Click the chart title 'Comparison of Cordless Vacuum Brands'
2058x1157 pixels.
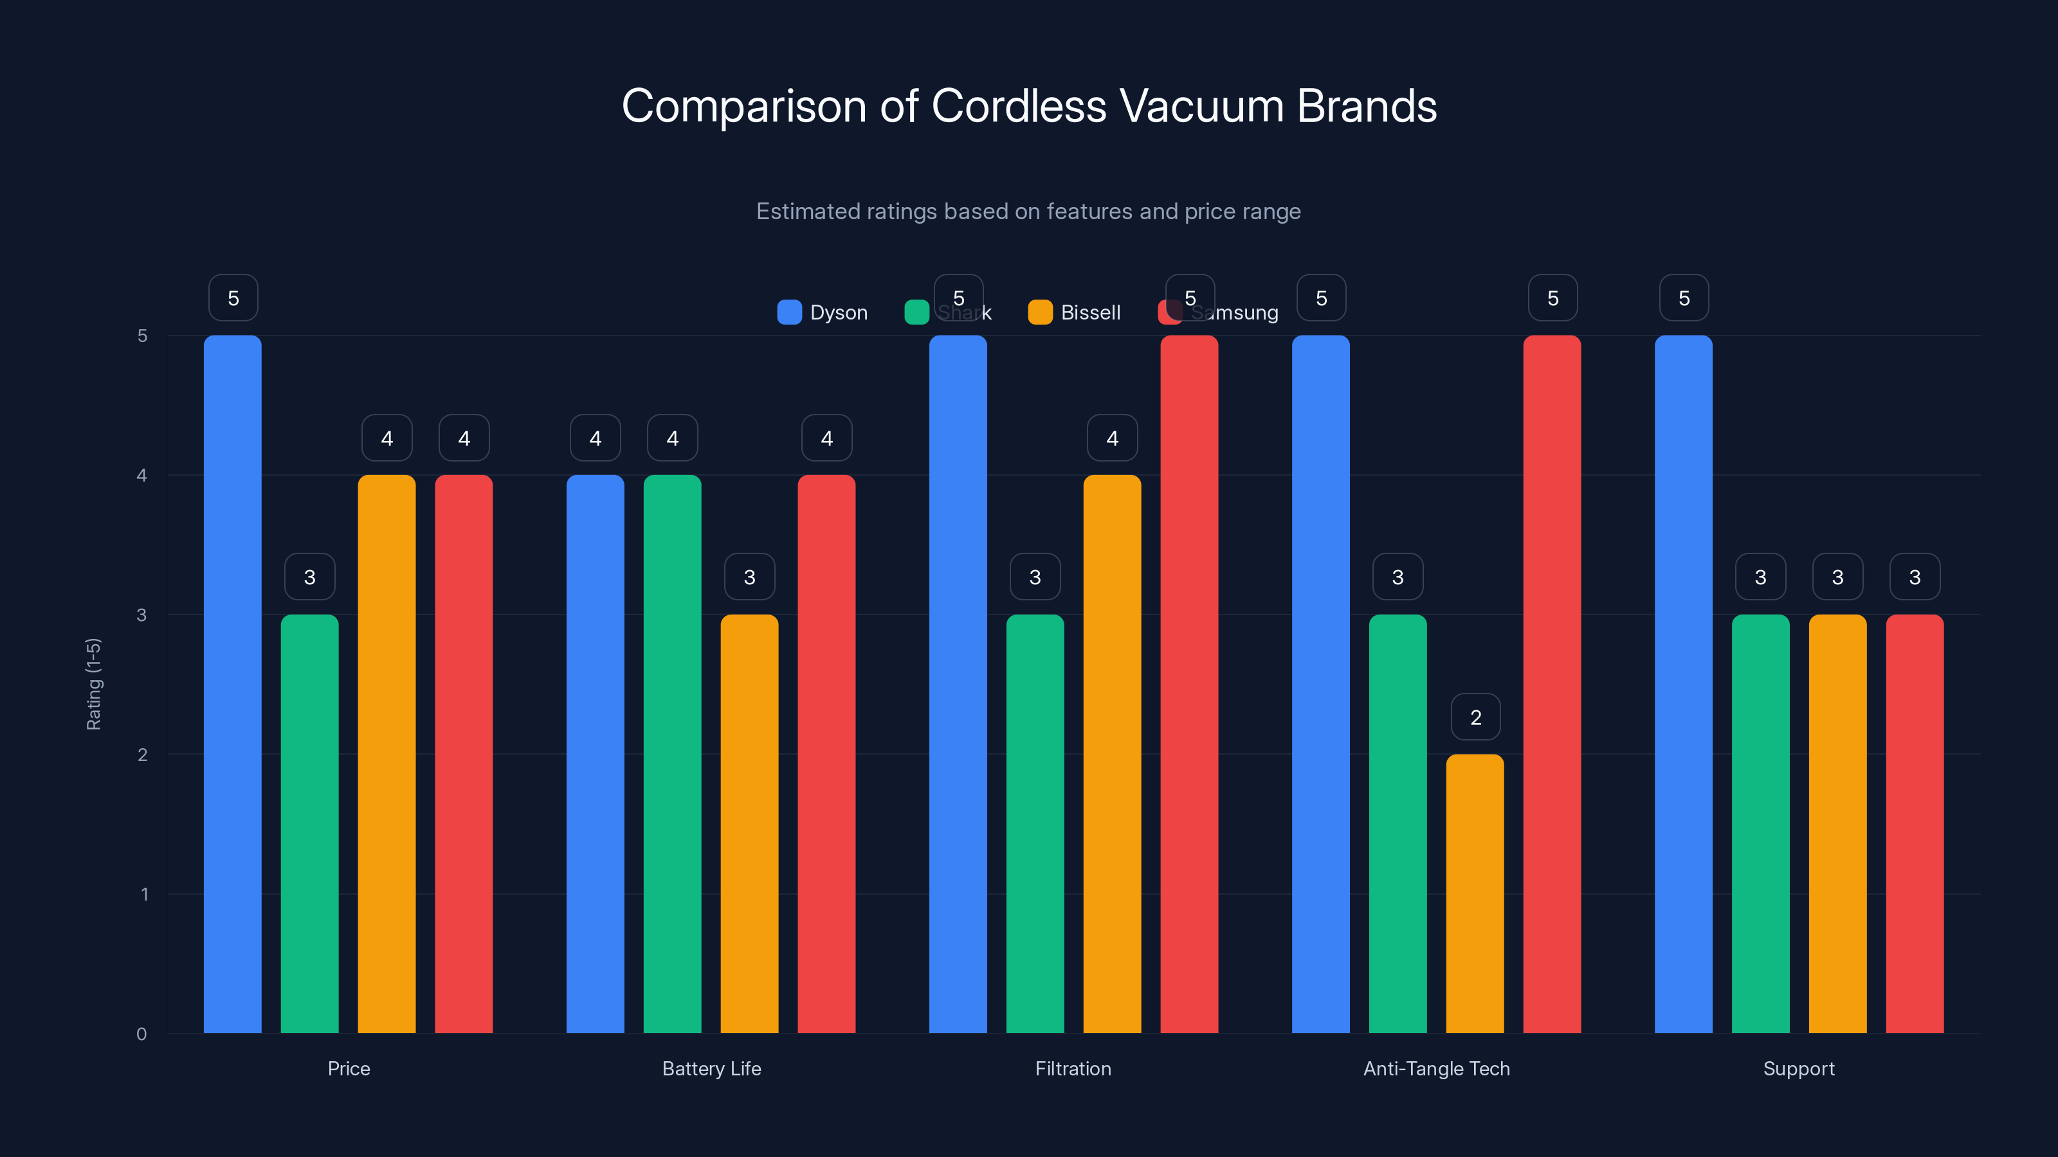[1029, 106]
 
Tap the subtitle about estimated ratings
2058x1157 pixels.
[1028, 211]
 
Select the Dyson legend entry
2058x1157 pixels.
[823, 312]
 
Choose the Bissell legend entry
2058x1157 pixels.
[1075, 312]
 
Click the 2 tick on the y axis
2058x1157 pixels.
[142, 755]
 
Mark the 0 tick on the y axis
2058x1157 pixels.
[142, 1034]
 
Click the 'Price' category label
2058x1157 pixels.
[349, 1068]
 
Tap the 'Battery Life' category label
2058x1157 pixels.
[711, 1068]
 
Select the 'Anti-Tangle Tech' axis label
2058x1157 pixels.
[1437, 1068]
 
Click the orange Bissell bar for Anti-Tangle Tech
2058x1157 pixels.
[1475, 894]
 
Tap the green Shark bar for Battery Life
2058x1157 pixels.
[672, 754]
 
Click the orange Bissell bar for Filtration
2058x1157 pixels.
[1112, 754]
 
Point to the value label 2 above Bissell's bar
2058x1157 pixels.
[1475, 717]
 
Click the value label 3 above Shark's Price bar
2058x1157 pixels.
[310, 577]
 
